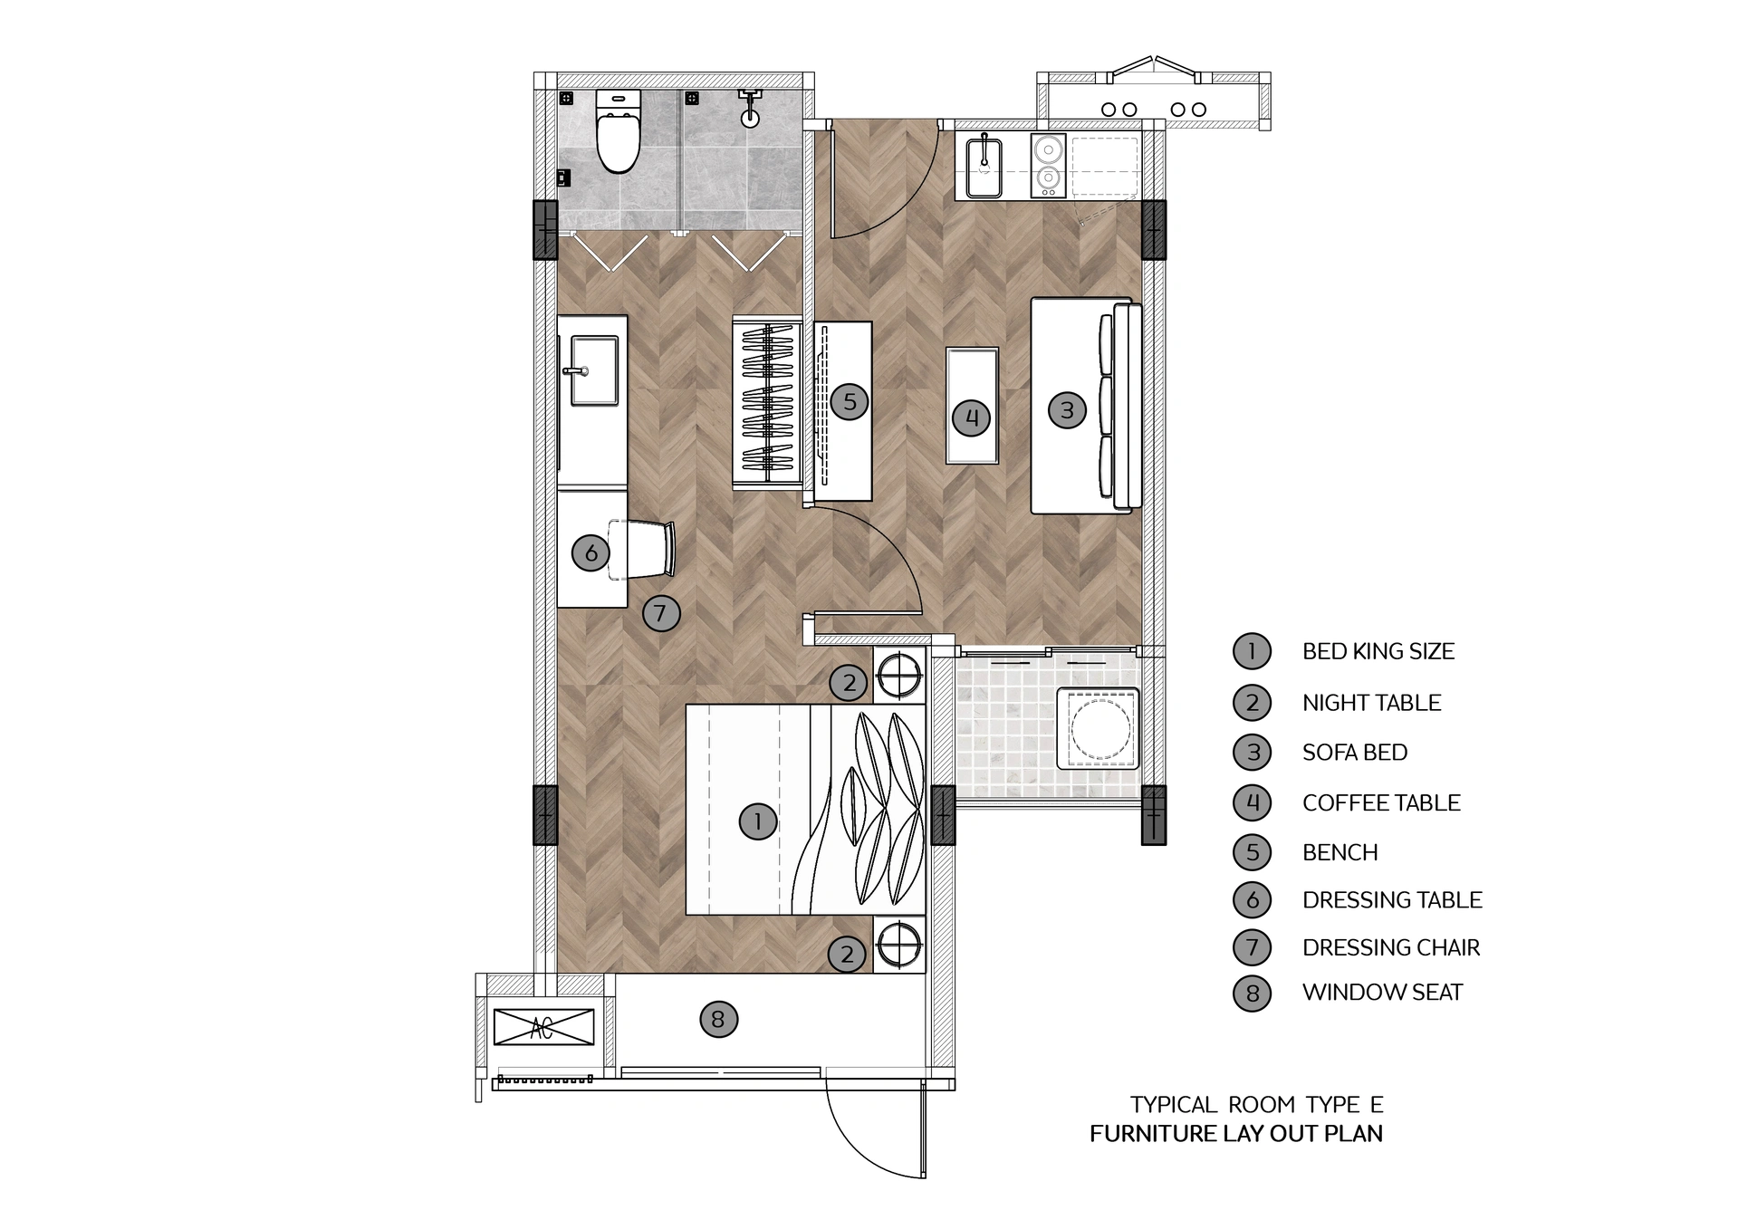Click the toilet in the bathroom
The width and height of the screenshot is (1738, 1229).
(619, 136)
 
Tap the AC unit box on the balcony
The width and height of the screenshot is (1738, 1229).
(543, 1027)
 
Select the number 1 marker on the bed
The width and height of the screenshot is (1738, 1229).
(757, 821)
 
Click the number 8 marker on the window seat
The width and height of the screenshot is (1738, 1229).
(718, 1020)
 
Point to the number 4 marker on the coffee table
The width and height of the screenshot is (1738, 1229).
(972, 418)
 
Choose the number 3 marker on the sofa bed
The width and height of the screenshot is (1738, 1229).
(1067, 410)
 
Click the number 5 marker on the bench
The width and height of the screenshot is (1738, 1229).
(850, 401)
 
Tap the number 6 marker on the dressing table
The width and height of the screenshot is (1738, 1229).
(591, 552)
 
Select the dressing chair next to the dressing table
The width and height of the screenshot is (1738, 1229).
(645, 549)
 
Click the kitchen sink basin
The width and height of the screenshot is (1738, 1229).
(984, 168)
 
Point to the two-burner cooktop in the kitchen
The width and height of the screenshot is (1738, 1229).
(1049, 165)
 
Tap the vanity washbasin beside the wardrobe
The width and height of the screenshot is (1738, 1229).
(594, 370)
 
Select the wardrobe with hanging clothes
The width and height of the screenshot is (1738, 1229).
(767, 404)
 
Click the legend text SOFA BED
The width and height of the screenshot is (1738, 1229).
(1354, 753)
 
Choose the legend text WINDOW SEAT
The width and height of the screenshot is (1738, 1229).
(1382, 993)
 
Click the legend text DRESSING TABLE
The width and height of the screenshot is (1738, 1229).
(1392, 900)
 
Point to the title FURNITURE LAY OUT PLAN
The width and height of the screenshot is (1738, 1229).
(1235, 1134)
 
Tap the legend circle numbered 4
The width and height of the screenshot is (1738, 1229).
(1253, 802)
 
